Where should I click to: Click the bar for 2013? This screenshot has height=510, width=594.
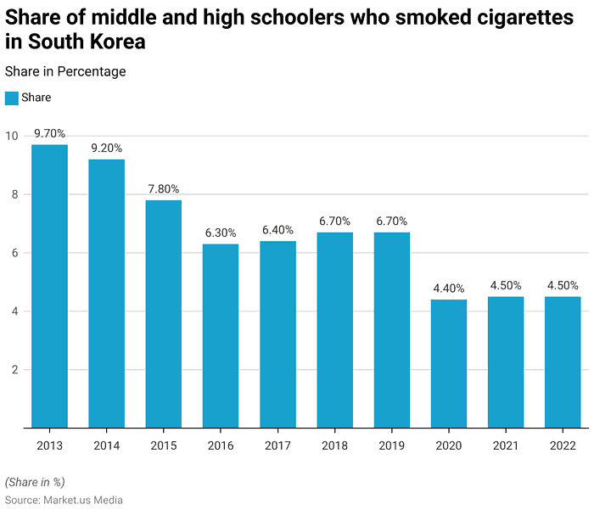click(x=49, y=286)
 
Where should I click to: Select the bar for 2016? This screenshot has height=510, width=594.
click(x=221, y=336)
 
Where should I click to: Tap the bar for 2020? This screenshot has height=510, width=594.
click(x=449, y=363)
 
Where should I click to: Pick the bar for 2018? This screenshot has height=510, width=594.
click(x=334, y=330)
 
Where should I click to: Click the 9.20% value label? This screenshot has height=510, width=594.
click(x=106, y=149)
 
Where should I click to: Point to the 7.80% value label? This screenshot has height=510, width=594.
click(x=163, y=189)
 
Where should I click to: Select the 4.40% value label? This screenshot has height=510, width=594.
click(x=449, y=289)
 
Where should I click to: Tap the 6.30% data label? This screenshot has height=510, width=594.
click(x=221, y=233)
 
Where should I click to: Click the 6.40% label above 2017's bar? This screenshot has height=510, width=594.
click(x=277, y=230)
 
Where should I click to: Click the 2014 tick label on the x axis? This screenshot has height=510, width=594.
click(x=106, y=446)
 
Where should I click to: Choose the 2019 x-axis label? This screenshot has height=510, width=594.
click(x=392, y=446)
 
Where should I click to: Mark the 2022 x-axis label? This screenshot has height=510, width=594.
click(x=563, y=446)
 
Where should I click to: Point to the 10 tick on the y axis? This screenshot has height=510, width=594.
click(x=11, y=136)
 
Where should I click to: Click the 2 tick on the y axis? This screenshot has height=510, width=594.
click(x=14, y=370)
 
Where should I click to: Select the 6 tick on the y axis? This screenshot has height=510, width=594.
click(x=14, y=253)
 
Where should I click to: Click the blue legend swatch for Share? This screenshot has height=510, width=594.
click(x=12, y=98)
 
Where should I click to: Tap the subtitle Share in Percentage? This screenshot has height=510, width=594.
click(x=65, y=72)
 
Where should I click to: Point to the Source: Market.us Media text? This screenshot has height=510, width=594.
click(x=64, y=500)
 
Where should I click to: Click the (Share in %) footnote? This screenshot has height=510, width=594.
click(x=35, y=481)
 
